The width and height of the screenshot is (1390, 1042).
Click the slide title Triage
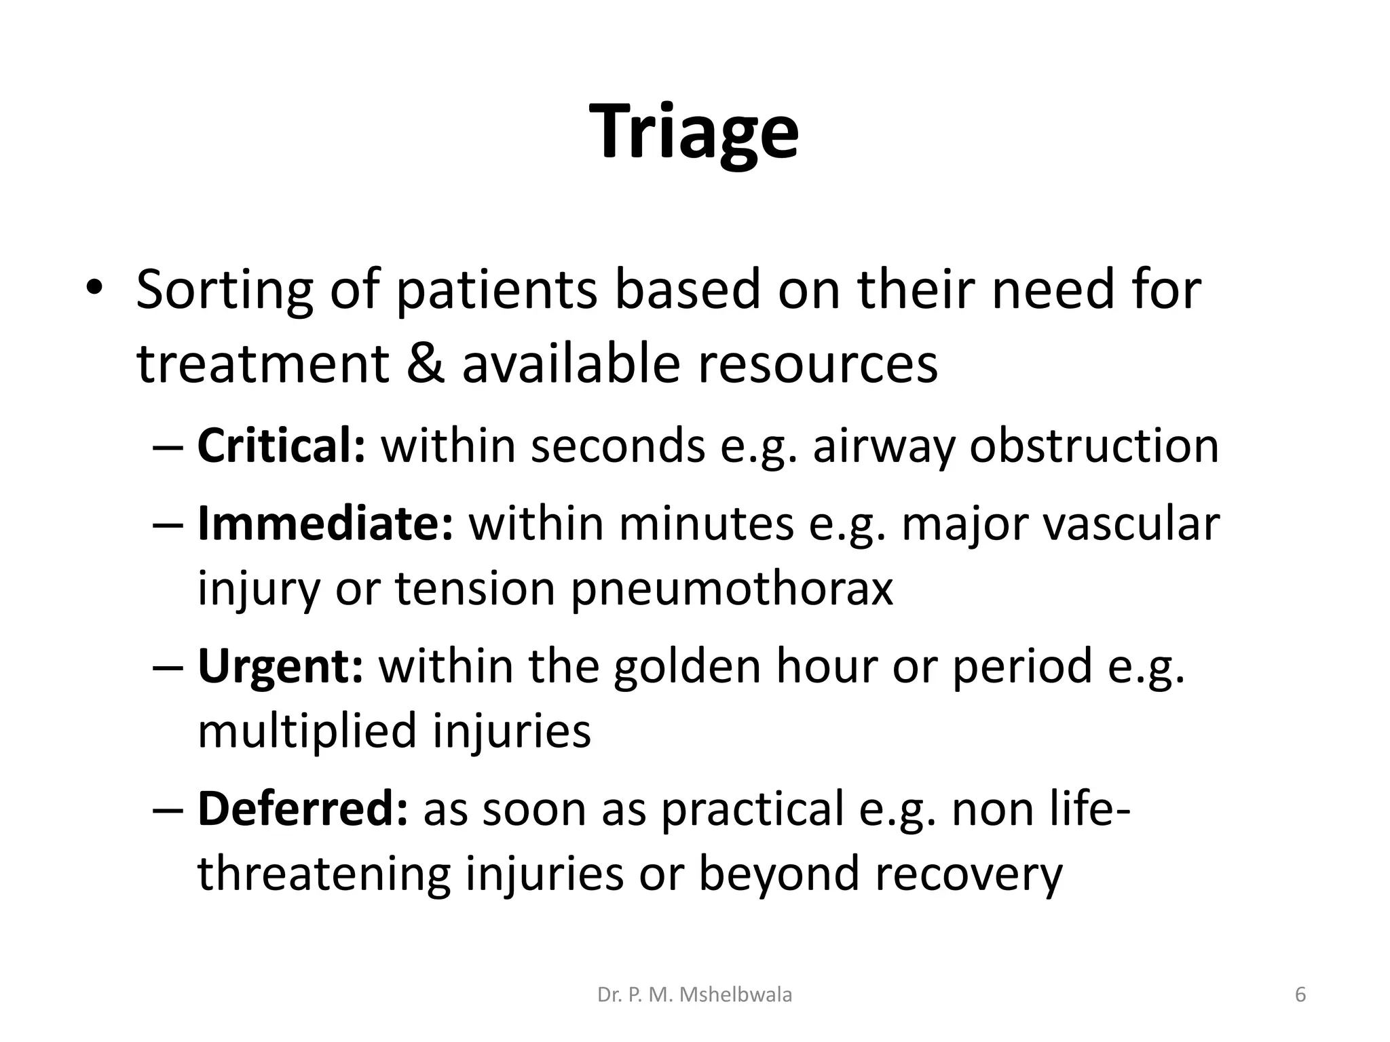(695, 132)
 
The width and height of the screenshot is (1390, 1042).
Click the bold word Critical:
(281, 446)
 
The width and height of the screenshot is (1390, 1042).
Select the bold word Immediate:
(324, 524)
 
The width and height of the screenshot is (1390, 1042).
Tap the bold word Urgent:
(280, 666)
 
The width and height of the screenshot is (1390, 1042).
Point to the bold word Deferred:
(303, 809)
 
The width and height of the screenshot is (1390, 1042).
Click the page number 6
(1300, 995)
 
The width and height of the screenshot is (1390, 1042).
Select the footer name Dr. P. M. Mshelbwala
(694, 995)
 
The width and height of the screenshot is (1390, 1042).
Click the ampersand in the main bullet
(426, 364)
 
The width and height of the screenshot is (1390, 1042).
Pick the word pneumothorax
(731, 588)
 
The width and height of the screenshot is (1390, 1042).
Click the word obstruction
(1093, 446)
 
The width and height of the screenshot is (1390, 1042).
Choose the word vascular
(1131, 524)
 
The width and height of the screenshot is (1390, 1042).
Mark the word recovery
(968, 874)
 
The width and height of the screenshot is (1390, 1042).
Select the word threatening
(324, 874)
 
